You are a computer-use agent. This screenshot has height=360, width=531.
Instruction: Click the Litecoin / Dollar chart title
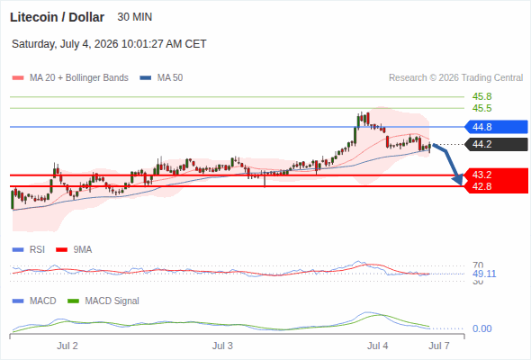coord(57,17)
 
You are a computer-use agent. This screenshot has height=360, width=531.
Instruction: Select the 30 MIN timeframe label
coord(134,17)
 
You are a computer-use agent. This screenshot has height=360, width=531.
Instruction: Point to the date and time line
coord(109,44)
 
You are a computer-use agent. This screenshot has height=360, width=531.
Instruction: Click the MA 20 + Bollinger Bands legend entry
coord(70,78)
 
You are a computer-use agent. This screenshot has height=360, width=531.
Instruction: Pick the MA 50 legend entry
coord(161,78)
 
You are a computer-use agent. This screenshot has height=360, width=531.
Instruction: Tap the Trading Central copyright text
coord(455,78)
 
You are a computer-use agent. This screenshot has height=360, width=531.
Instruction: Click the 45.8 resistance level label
coord(481,96)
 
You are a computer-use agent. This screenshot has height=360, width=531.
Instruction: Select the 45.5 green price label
coord(481,108)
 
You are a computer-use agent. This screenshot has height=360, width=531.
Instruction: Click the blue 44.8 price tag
coord(496,127)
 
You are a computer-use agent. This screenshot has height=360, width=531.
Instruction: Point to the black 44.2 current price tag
coord(496,144)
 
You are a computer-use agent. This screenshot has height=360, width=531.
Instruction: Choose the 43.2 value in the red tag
coord(481,175)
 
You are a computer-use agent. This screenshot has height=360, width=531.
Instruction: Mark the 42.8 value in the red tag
coord(481,186)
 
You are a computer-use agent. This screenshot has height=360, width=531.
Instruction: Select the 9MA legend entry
coord(74,249)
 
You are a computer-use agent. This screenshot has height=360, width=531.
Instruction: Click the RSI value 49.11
coord(484,274)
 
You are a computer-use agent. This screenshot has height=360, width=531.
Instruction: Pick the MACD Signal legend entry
coord(103,301)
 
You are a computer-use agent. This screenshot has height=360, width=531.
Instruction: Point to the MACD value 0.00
coord(481,328)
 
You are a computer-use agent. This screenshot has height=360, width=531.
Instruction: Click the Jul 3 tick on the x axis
coord(222,346)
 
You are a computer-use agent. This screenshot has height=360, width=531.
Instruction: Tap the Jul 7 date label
coord(439,346)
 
